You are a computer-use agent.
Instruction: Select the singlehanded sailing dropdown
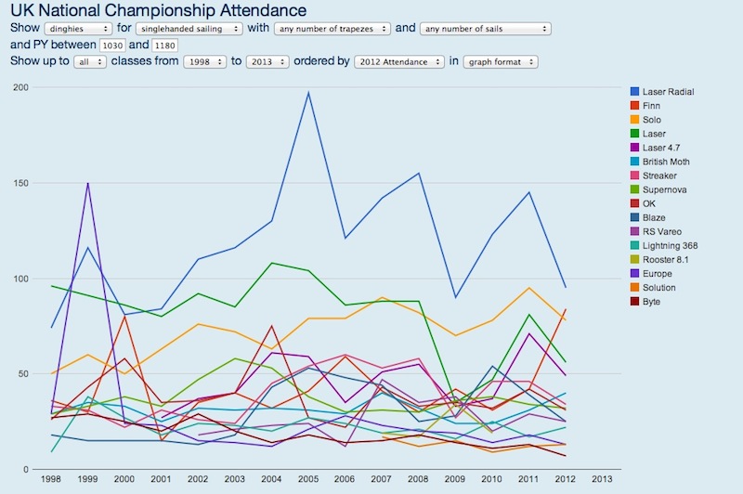pyautogui.click(x=189, y=29)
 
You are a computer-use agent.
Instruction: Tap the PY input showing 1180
pyautogui.click(x=164, y=45)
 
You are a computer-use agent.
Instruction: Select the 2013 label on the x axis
pyautogui.click(x=602, y=480)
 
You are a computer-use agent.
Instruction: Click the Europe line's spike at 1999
pyautogui.click(x=87, y=183)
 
